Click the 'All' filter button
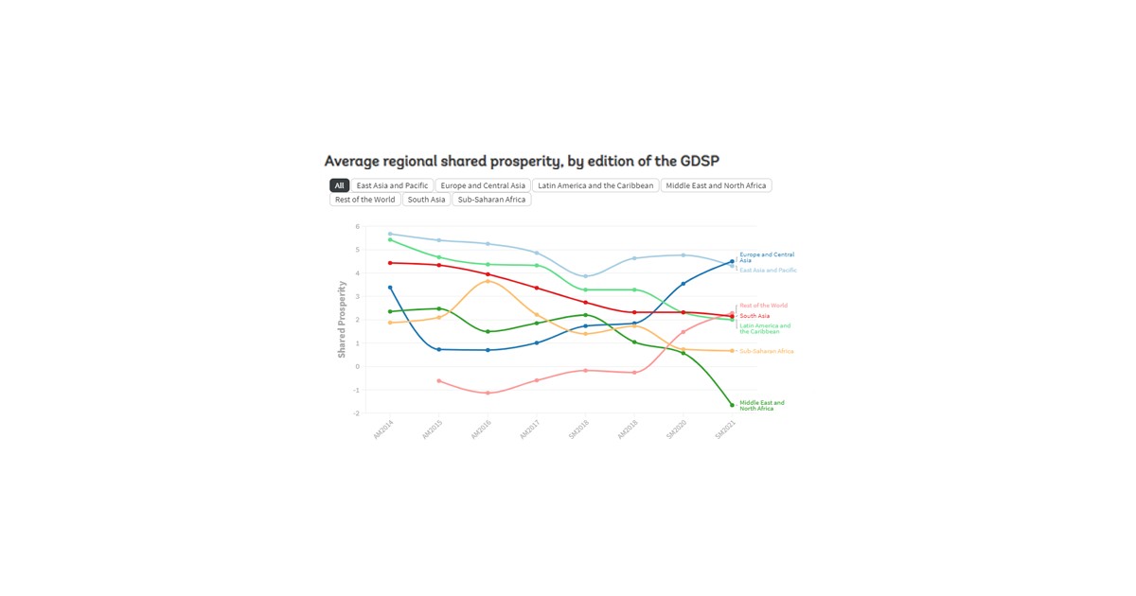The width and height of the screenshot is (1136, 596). click(x=339, y=185)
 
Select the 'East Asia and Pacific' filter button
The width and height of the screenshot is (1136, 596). click(x=392, y=185)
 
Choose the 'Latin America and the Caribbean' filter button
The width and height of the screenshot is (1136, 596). click(x=595, y=185)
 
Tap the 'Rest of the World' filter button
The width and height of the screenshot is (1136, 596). click(x=364, y=200)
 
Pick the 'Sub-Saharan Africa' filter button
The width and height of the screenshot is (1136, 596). click(x=491, y=200)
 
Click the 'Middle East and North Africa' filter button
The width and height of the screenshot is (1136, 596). click(x=716, y=185)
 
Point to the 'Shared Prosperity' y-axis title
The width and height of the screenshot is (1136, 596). click(x=342, y=319)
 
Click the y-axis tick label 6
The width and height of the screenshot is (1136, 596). click(x=358, y=227)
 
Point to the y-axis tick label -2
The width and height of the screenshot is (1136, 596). click(x=357, y=413)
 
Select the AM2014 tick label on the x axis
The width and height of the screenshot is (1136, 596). click(x=383, y=430)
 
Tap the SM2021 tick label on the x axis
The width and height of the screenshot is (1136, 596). click(x=725, y=430)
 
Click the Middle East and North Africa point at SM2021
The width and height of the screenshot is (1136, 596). click(x=732, y=405)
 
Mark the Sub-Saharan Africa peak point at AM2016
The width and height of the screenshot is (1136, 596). click(x=488, y=281)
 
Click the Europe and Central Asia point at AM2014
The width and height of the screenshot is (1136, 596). click(x=390, y=288)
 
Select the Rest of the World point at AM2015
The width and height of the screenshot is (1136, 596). click(x=439, y=380)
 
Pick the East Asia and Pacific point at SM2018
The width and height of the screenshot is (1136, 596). click(x=585, y=276)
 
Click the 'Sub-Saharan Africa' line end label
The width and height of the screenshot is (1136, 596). click(x=766, y=351)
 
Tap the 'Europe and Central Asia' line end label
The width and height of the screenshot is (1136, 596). click(x=766, y=257)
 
